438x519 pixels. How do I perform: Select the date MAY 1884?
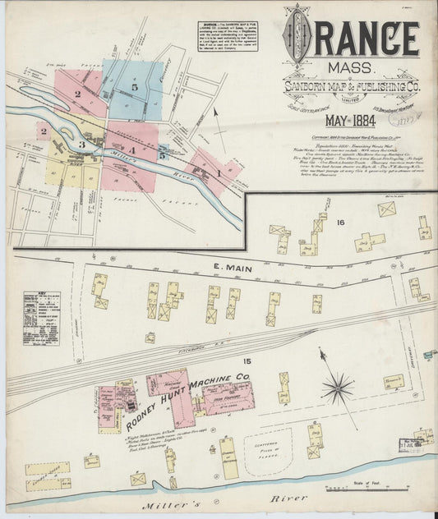(x=349, y=121)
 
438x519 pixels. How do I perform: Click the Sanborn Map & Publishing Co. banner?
(x=351, y=87)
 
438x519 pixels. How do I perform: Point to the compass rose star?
(x=338, y=388)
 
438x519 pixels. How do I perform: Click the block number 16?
(x=339, y=223)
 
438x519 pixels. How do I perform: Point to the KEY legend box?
(x=40, y=316)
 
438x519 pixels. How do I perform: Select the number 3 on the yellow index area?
(x=82, y=145)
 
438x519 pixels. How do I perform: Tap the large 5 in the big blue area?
(x=134, y=86)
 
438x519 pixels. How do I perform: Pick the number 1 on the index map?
(x=219, y=173)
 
